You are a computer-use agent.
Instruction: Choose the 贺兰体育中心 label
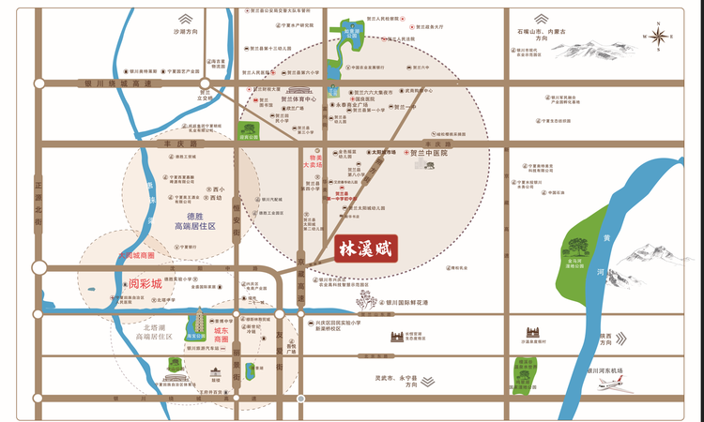click(x=298, y=98)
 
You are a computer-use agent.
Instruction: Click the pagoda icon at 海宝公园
click(x=198, y=322)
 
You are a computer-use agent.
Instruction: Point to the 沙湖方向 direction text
click(x=187, y=31)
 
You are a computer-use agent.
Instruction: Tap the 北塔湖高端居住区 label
click(x=155, y=330)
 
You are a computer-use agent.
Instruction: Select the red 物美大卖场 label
click(x=311, y=162)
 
